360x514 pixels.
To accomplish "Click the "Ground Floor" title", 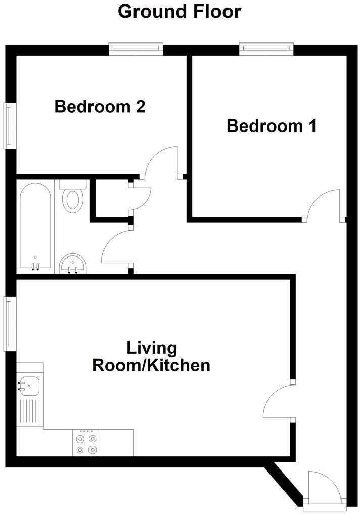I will click(179, 11).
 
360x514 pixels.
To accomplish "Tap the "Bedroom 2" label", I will click(100, 107).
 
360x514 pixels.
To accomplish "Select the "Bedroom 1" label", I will click(272, 125).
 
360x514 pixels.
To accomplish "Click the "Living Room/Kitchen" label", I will click(151, 356).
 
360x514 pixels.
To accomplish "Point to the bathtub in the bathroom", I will click(35, 225).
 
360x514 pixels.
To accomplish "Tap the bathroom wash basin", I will click(73, 264).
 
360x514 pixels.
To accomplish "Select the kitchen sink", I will click(28, 384).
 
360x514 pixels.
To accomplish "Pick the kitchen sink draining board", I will click(29, 411).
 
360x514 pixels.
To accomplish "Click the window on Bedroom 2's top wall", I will click(136, 49).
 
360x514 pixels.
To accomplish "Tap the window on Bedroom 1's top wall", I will click(266, 49).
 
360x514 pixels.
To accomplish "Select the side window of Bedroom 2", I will click(9, 125).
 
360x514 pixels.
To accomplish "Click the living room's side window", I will click(9, 324).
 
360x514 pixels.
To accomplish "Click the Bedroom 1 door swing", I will click(326, 205).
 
